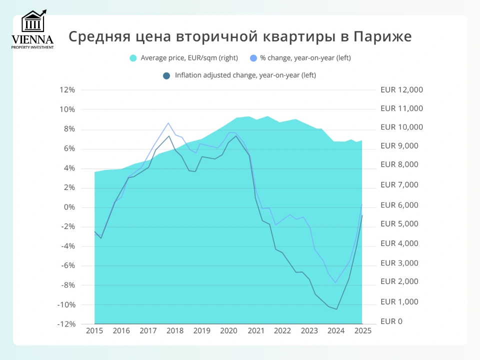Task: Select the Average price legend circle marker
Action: point(133,58)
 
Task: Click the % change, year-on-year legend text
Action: point(305,58)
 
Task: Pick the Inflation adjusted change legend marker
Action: point(166,76)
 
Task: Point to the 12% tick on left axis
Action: point(66,90)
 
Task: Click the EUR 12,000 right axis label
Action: point(401,90)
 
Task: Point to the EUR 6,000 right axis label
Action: point(399,205)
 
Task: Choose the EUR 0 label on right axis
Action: point(391,321)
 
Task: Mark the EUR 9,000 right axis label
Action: point(399,146)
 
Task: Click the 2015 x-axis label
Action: point(94,331)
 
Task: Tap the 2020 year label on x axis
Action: point(228,331)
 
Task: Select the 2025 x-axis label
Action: point(362,331)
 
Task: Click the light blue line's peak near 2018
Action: point(168,123)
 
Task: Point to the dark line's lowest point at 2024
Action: point(336,309)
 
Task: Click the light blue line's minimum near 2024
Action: point(335,282)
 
